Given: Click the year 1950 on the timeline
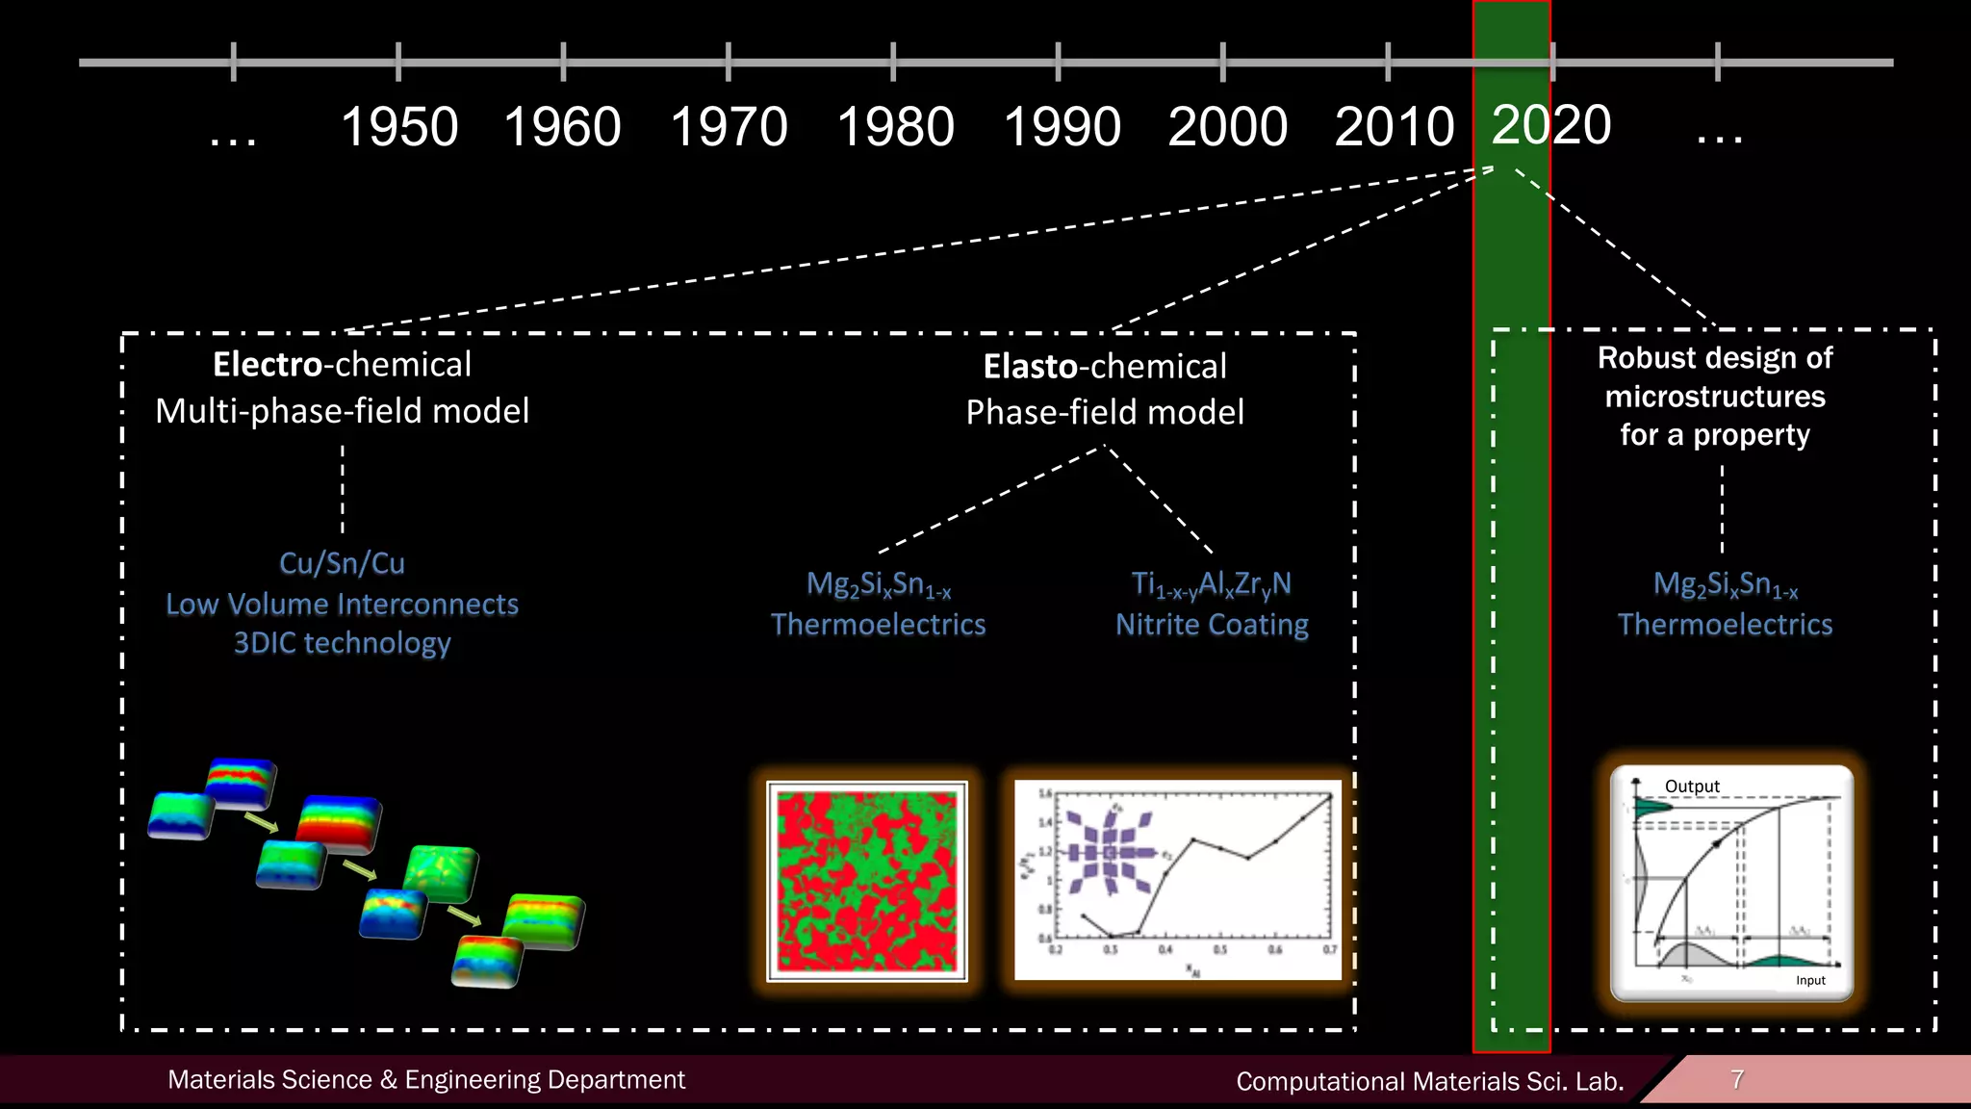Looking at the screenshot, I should pyautogui.click(x=399, y=127).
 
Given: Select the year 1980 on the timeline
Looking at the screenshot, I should pyautogui.click(x=895, y=127).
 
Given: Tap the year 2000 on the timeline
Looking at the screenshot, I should pyautogui.click(x=1227, y=127).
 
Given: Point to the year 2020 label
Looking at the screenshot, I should pyautogui.click(x=1550, y=125).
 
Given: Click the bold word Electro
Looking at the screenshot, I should pyautogui.click(x=267, y=365).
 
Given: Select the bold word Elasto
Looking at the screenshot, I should pyautogui.click(x=1030, y=367).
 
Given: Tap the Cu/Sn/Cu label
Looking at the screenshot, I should pyautogui.click(x=342, y=563).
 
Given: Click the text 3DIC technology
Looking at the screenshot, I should pyautogui.click(x=342, y=643).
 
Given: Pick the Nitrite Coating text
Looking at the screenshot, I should pyautogui.click(x=1212, y=625).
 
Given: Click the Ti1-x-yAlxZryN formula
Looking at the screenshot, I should pyautogui.click(x=1211, y=584).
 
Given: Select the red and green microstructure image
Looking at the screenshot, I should pyautogui.click(x=867, y=881).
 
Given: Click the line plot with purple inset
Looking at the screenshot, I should pyautogui.click(x=1177, y=880).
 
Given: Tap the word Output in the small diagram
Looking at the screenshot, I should pyautogui.click(x=1692, y=787).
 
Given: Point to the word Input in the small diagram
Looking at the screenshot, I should pyautogui.click(x=1810, y=980).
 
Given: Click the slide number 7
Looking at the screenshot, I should pyautogui.click(x=1737, y=1079).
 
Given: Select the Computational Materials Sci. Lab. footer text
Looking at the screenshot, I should pyautogui.click(x=1429, y=1081).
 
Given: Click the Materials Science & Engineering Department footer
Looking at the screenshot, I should pyautogui.click(x=426, y=1079).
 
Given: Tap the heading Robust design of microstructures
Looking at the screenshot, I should pyautogui.click(x=1715, y=377).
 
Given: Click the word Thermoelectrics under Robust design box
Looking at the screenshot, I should pyautogui.click(x=1725, y=625).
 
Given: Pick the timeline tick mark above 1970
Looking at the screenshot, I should pyautogui.click(x=729, y=62).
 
